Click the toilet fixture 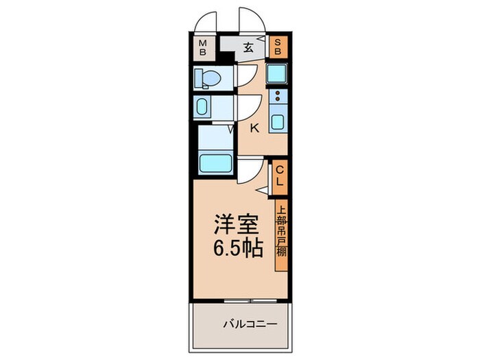point(205,78)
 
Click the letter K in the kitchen point(254,127)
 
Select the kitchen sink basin point(278,122)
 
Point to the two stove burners point(278,97)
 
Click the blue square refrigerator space point(278,74)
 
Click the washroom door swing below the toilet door point(245,106)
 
